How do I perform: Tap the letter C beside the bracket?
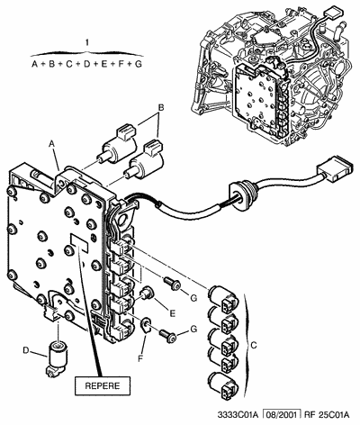256,342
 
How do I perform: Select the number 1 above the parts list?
86,43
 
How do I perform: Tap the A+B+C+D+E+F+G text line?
86,65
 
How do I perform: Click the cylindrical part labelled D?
58,356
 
